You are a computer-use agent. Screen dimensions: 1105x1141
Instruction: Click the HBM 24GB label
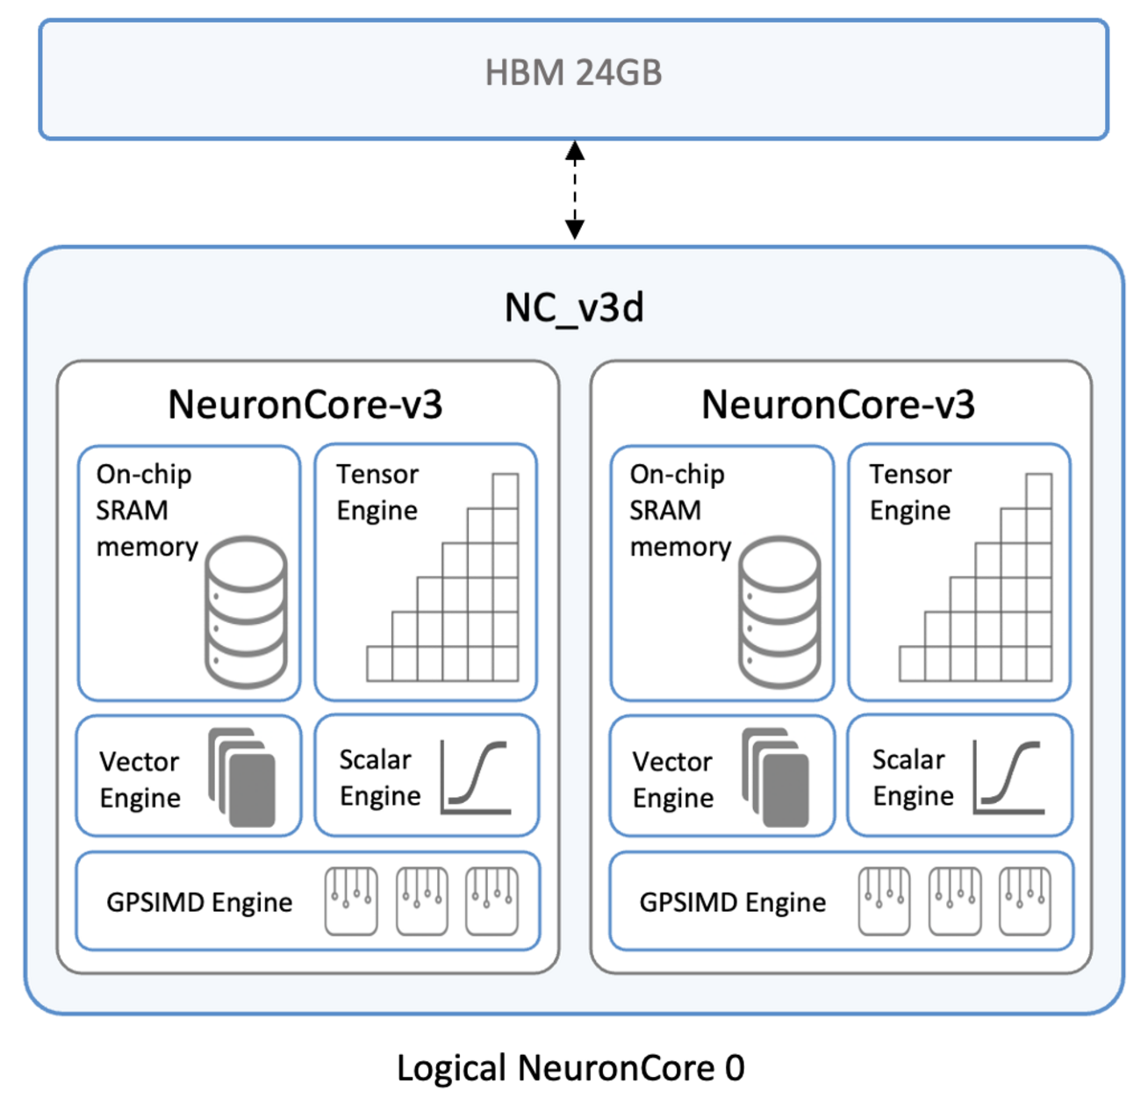coord(573,73)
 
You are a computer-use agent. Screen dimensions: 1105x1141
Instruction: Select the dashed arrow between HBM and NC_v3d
coord(575,190)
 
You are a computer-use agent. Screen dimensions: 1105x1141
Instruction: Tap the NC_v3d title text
coord(574,308)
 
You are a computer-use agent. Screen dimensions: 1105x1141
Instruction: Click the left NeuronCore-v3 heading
coord(305,405)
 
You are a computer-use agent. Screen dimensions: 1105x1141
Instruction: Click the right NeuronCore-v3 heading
coord(838,405)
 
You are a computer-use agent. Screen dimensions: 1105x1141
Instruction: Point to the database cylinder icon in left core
coord(246,612)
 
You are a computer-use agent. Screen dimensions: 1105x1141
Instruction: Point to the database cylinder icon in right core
coord(779,612)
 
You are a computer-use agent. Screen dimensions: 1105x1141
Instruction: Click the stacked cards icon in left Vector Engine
coord(243,778)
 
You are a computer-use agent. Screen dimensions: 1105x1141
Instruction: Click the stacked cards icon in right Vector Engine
coord(776,778)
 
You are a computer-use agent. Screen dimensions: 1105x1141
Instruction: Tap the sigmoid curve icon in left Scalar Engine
coord(477,777)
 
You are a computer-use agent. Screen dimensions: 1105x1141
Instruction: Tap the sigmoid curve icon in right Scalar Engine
coord(1009,777)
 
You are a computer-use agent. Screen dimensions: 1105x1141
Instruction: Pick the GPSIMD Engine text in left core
coord(199,902)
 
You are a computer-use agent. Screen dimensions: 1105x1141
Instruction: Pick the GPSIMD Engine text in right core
coord(732,902)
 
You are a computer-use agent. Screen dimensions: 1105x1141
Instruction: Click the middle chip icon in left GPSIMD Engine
coord(422,901)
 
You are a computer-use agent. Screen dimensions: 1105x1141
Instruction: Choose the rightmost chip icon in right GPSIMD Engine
coord(1025,901)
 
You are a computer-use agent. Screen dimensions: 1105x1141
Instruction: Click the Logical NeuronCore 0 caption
coord(570,1068)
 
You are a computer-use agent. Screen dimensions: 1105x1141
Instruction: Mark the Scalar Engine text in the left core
coord(379,778)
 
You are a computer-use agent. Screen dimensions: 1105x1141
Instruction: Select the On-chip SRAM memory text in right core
coord(679,510)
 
